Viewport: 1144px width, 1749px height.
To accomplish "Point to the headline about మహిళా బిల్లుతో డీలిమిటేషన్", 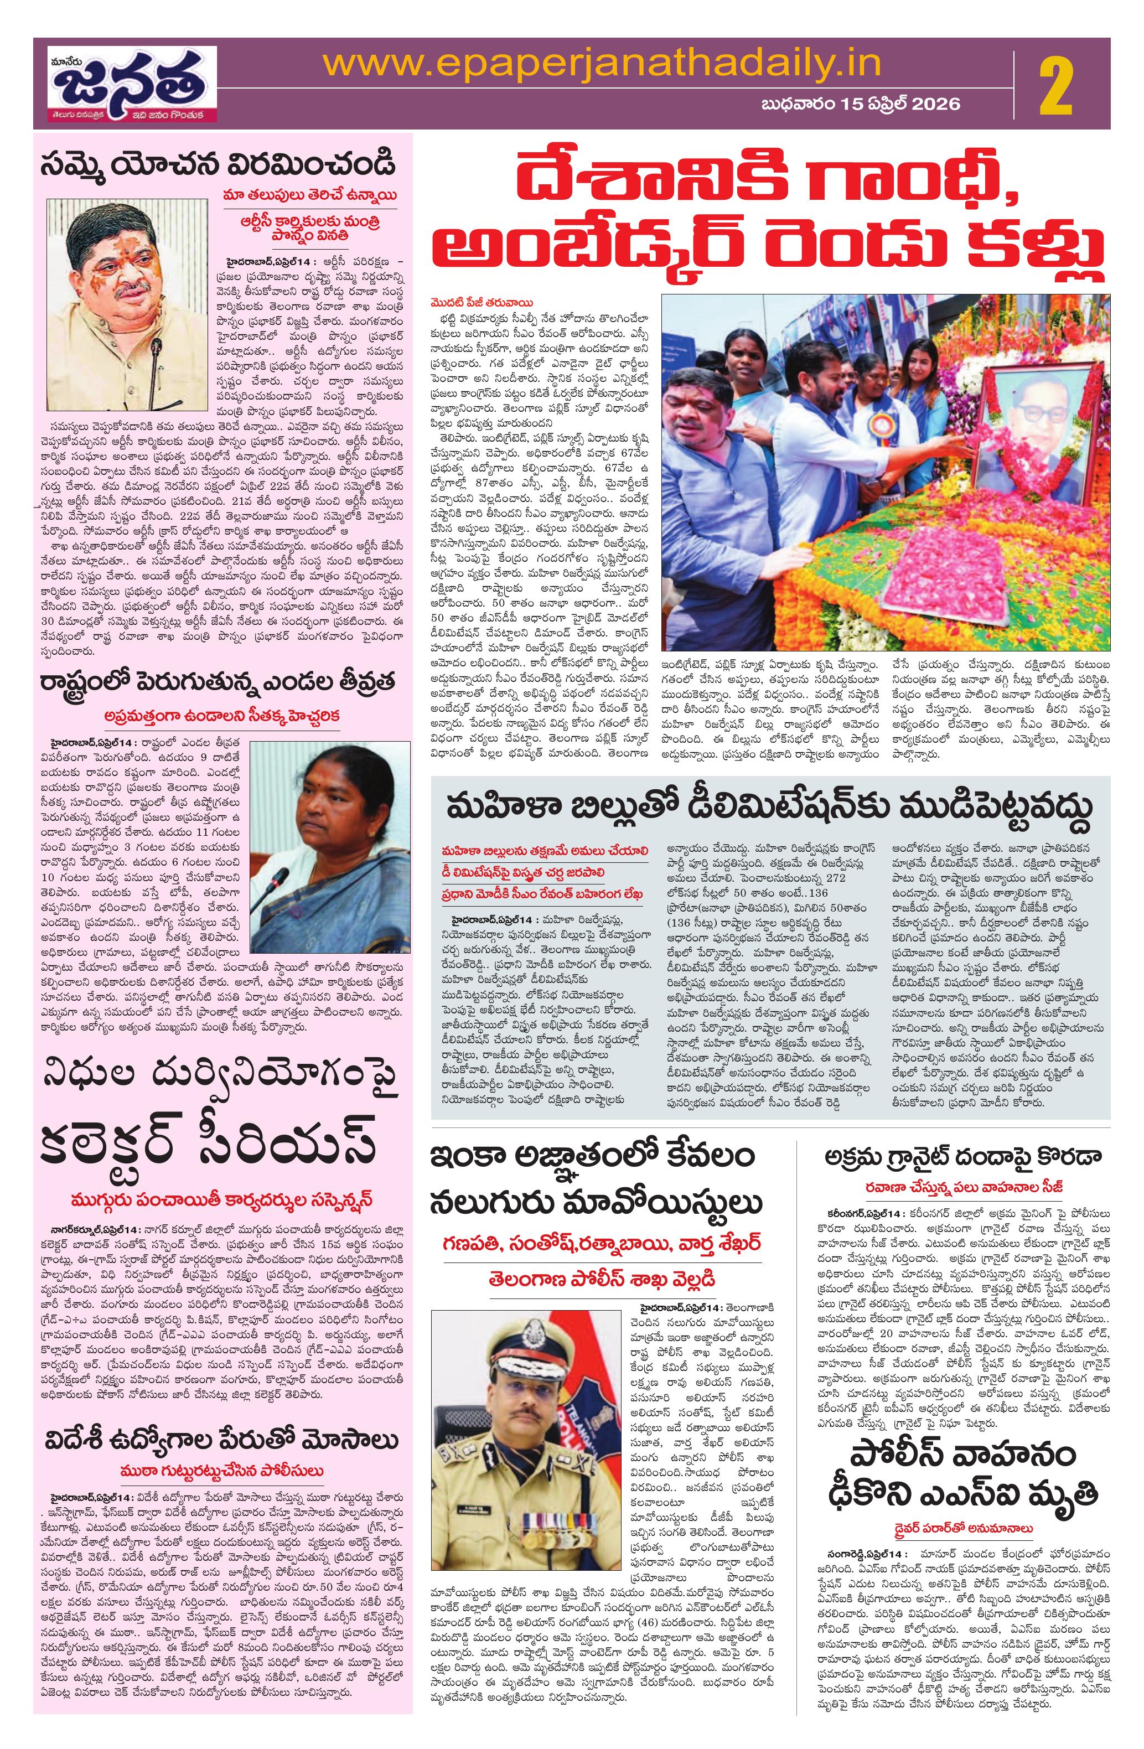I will (768, 806).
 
